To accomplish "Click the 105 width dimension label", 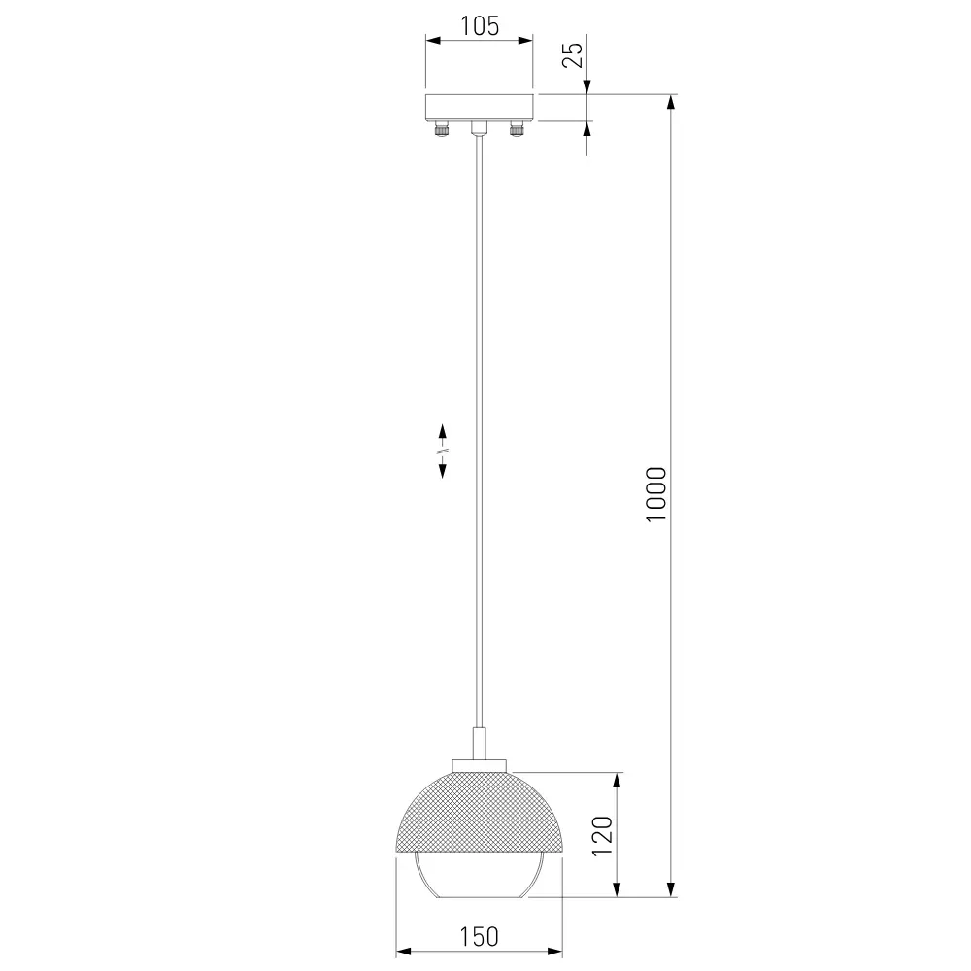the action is (480, 26).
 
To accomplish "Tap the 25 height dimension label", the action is (573, 54).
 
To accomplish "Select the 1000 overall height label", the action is (655, 494).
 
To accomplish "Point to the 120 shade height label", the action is (603, 836).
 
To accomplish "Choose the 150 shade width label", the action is (479, 937).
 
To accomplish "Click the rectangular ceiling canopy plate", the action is (479, 108).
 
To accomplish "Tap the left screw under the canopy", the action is (441, 129).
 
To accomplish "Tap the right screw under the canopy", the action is (517, 129).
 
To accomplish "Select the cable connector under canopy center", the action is (479, 128).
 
